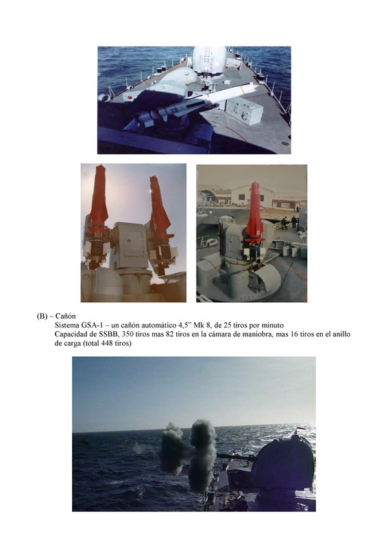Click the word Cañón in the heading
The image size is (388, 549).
click(65, 316)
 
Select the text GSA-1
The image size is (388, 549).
click(92, 325)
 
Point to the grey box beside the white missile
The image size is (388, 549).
click(244, 112)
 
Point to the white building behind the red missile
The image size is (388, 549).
click(250, 196)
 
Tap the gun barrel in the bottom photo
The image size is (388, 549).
click(237, 456)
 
